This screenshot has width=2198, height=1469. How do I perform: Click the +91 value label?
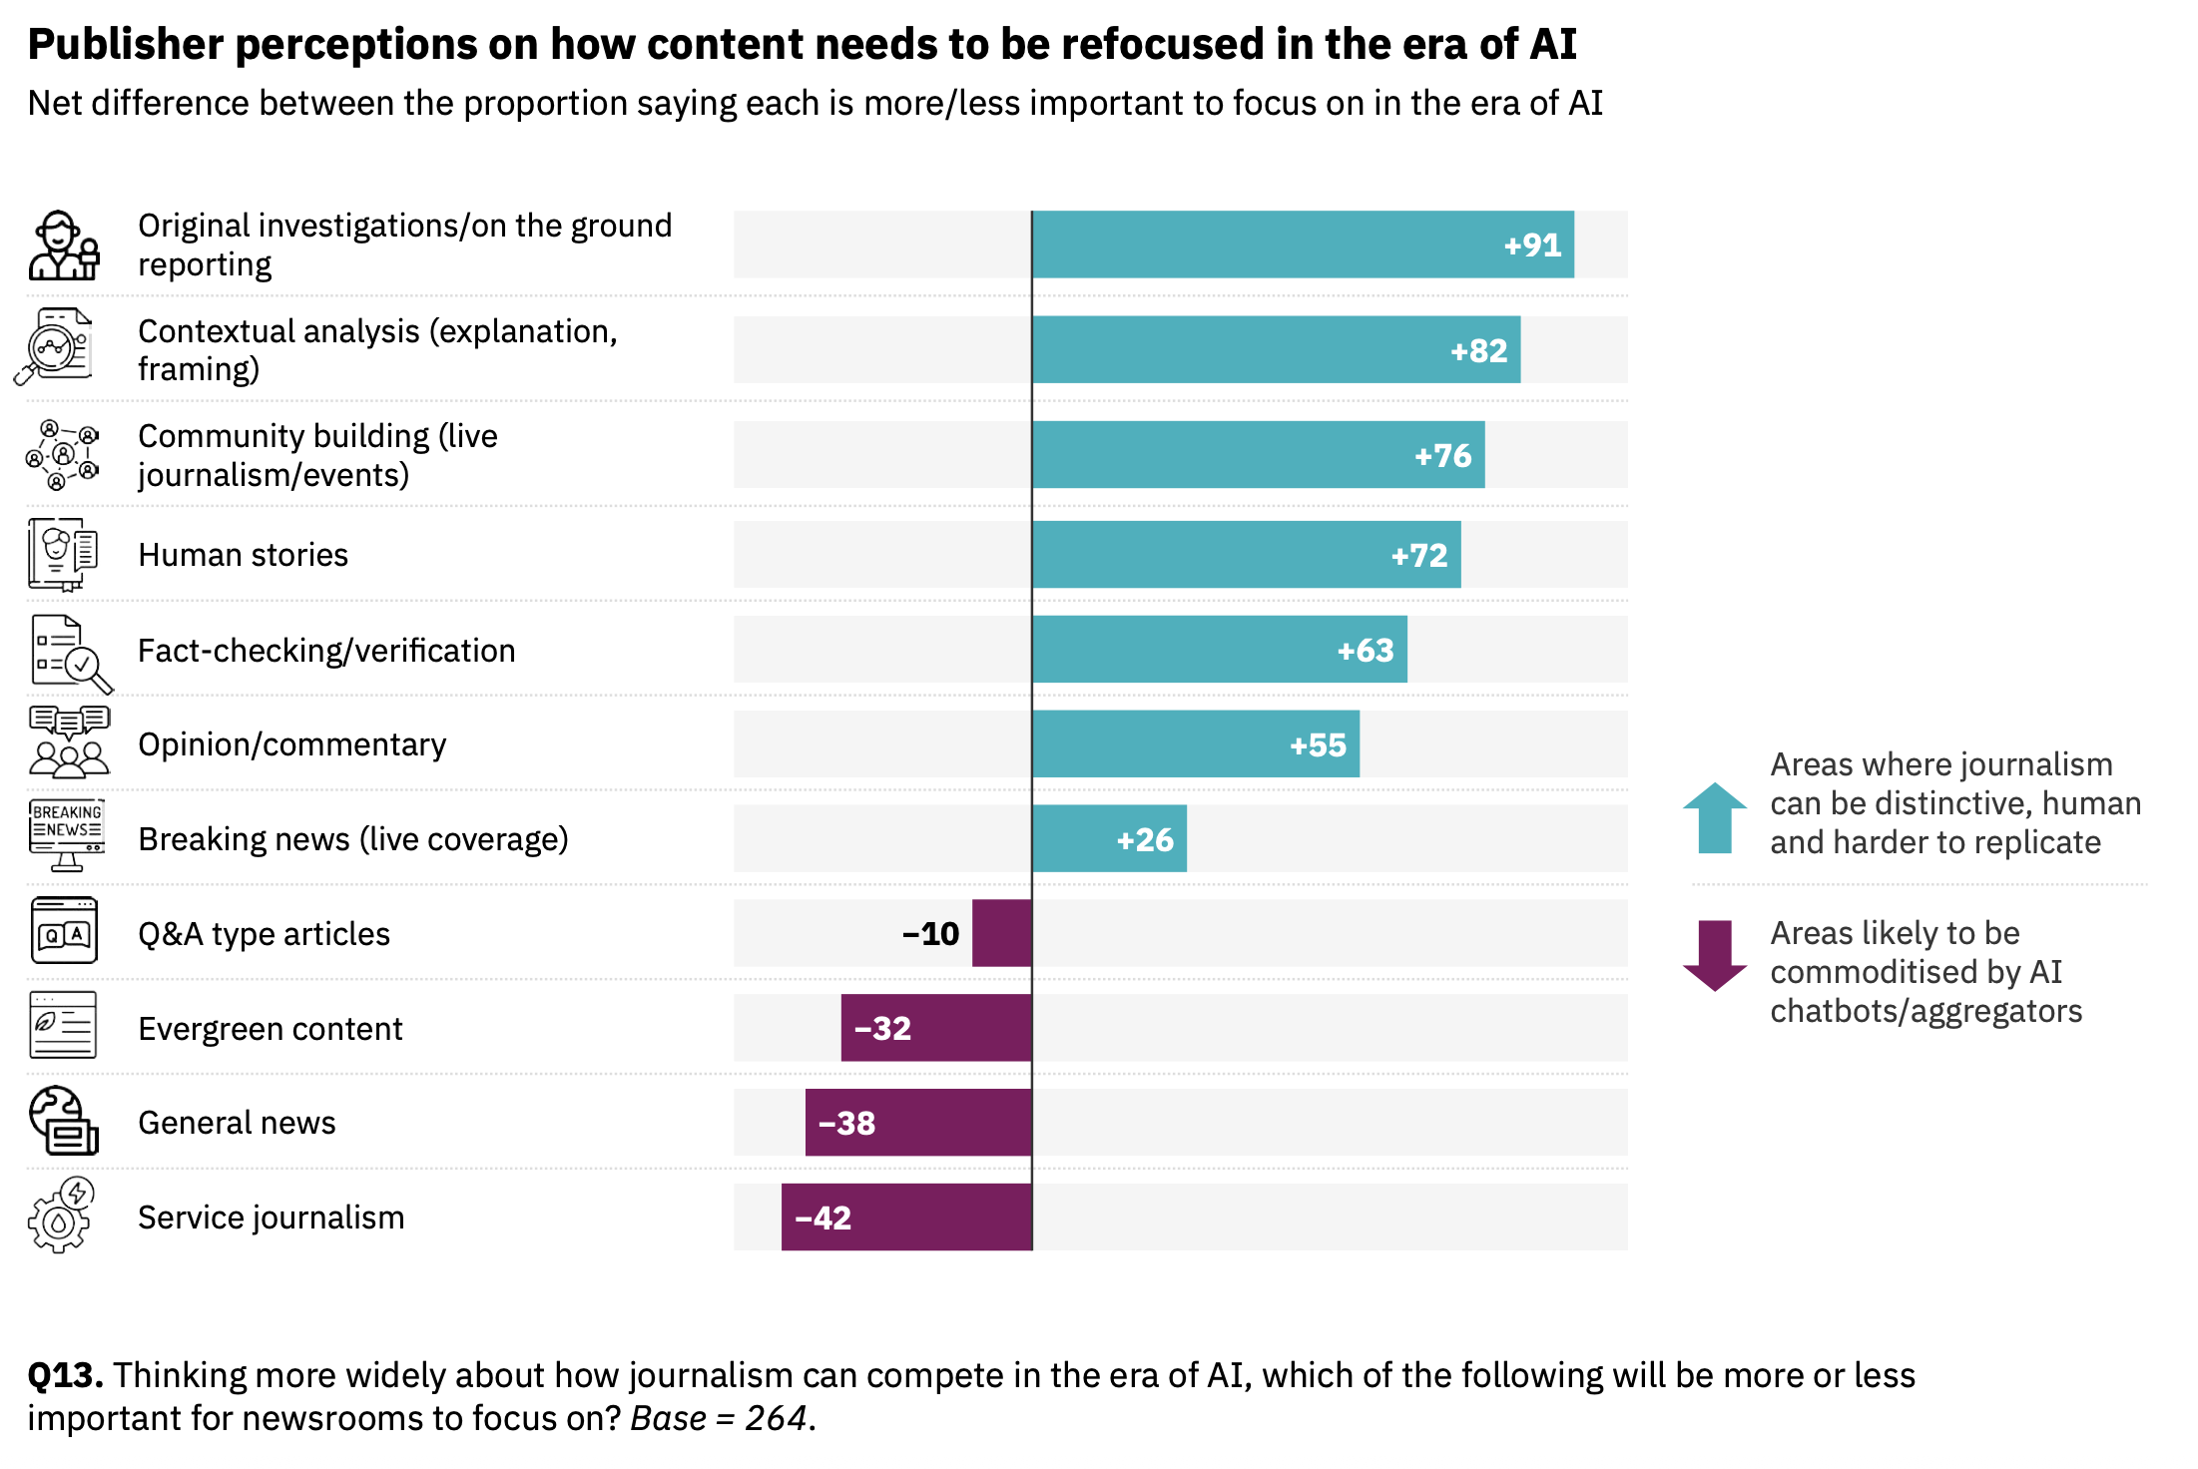point(1532,245)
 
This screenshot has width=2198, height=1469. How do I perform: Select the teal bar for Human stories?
point(1246,555)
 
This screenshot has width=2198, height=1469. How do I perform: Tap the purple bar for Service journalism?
point(906,1218)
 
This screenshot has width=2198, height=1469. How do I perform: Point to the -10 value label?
point(930,934)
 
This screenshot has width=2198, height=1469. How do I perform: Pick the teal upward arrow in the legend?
point(1715,818)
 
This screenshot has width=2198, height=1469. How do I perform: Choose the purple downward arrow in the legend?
point(1715,955)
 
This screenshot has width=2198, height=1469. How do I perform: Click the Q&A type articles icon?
point(64,931)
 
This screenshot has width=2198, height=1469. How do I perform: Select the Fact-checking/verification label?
point(326,651)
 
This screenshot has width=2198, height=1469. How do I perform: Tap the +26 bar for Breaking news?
point(1109,839)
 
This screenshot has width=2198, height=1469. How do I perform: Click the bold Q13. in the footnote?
point(65,1375)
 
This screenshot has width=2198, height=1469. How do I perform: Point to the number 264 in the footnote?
point(776,1418)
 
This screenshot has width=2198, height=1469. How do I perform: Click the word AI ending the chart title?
point(1551,44)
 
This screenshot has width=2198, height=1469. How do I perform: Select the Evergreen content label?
point(271,1029)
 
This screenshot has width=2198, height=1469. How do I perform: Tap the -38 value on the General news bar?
point(846,1124)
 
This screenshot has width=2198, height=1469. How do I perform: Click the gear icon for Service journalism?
point(61,1217)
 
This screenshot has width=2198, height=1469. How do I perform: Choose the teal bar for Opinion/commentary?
point(1196,744)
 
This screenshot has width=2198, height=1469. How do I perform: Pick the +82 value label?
point(1478,351)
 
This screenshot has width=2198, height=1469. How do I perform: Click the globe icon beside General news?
point(63,1121)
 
